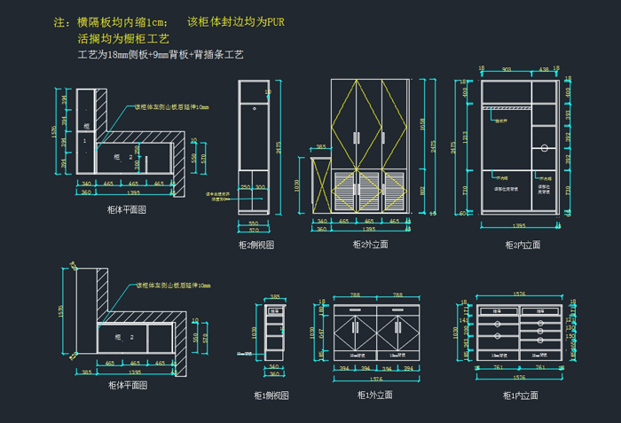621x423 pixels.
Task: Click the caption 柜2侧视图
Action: (x=256, y=244)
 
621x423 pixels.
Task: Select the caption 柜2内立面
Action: (x=523, y=244)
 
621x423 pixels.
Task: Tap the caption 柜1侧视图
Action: (x=271, y=396)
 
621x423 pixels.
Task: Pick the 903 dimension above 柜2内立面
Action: (x=507, y=68)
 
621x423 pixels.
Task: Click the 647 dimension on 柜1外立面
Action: (x=321, y=333)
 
